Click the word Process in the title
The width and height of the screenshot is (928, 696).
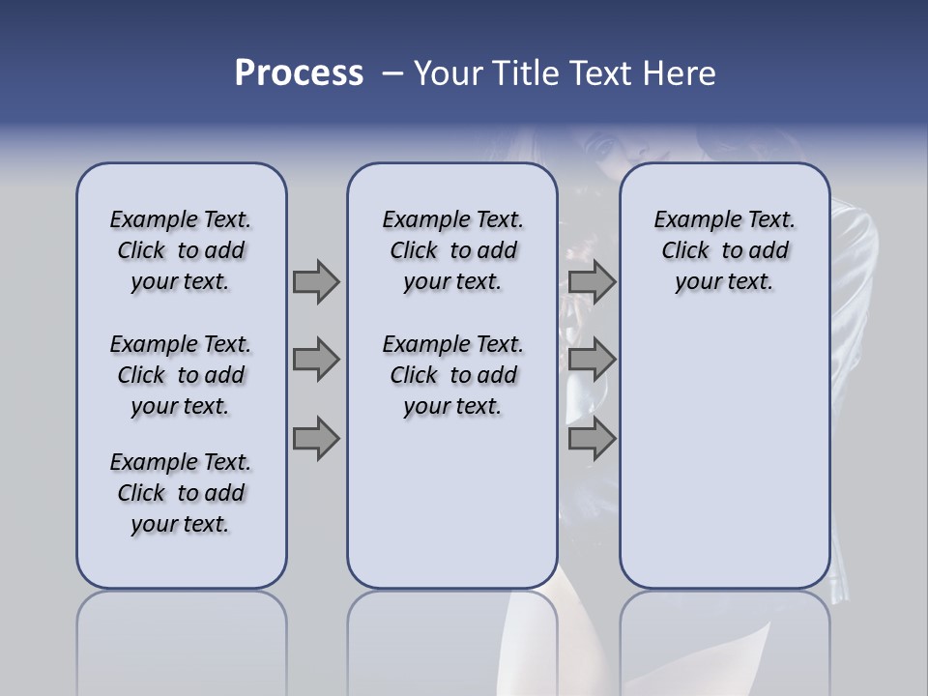coord(299,73)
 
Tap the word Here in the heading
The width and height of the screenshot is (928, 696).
coord(681,73)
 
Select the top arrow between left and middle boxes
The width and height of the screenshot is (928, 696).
coord(316,281)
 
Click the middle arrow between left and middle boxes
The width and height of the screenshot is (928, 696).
coord(316,360)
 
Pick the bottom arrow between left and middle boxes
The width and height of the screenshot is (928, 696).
coord(316,439)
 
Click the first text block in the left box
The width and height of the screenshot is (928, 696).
coord(181,250)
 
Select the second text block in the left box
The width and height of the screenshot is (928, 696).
coord(181,375)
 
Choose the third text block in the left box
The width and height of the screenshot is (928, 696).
coord(181,493)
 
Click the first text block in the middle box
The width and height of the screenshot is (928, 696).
coord(452,250)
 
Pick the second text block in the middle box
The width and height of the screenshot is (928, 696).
coord(452,375)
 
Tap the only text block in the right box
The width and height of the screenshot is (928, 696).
coord(724,250)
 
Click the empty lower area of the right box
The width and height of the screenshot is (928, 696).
coord(724,454)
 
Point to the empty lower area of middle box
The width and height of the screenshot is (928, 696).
coord(452,503)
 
